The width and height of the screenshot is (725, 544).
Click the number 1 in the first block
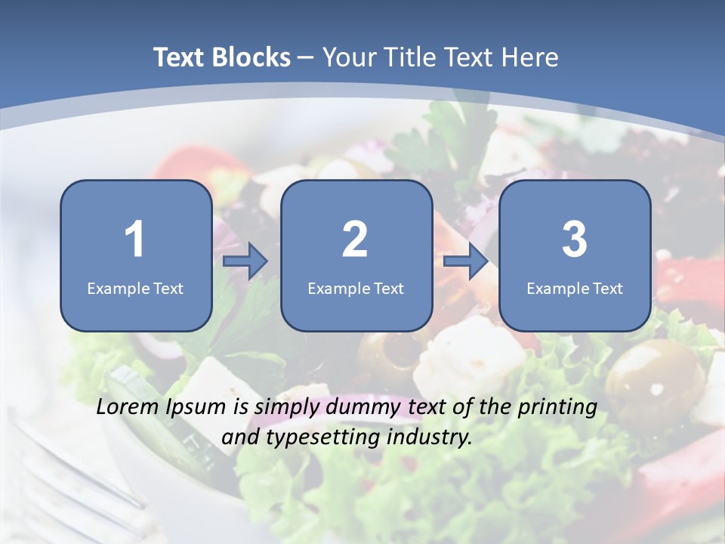[134, 240]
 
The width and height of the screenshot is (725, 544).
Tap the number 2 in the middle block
[355, 240]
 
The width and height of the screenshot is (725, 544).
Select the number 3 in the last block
[574, 240]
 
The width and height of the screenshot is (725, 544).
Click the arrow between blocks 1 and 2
[245, 261]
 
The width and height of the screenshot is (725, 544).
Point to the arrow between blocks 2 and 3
[466, 261]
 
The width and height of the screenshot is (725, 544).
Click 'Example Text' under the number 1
[135, 289]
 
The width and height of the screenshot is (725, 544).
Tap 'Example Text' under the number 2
[356, 289]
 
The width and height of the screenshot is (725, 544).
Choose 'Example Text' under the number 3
[575, 289]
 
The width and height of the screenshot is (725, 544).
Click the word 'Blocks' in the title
[251, 57]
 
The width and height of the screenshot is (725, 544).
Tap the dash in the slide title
[306, 57]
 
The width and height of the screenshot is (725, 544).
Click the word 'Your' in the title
[348, 57]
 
